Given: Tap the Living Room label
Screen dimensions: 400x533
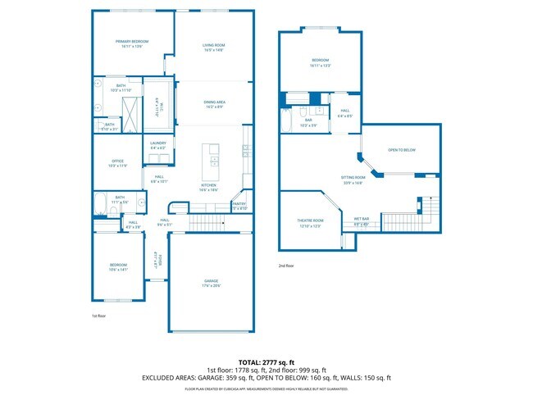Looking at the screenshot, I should coord(214,44).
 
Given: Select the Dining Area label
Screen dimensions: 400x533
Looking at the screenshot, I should coord(216,102).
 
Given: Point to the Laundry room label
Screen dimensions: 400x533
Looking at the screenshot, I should coord(158,143).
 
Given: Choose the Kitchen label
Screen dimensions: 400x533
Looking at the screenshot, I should coord(209,185).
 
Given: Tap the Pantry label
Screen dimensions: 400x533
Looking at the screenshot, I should coord(239,204).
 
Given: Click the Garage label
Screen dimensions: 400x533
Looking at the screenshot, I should coord(212,280).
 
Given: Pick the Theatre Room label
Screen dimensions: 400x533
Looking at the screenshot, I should coord(310,220).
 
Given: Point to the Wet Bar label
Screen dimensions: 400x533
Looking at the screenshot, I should coord(362,219).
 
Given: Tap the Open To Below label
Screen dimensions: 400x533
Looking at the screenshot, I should coord(402,150).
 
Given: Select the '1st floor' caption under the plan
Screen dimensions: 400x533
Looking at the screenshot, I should coord(98,315).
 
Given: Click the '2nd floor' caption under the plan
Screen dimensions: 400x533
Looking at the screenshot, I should coord(287,266).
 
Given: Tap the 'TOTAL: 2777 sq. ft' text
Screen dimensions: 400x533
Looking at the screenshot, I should coord(266,361).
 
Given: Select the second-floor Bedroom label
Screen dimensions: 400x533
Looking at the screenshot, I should coord(320,60).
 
